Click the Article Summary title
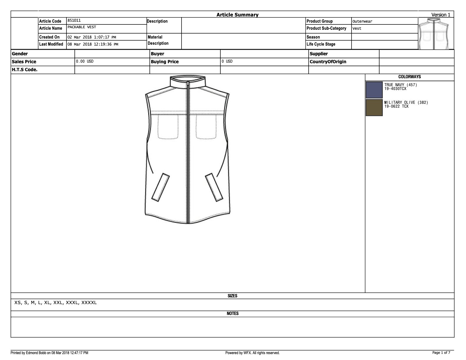coord(237,15)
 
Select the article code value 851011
coord(74,20)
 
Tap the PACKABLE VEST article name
coord(82,27)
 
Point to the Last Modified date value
coord(93,44)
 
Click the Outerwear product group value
coord(362,21)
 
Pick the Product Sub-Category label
coord(326,28)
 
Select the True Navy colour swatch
coord(374,90)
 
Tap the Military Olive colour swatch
coord(374,107)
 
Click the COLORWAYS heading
coord(410,77)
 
